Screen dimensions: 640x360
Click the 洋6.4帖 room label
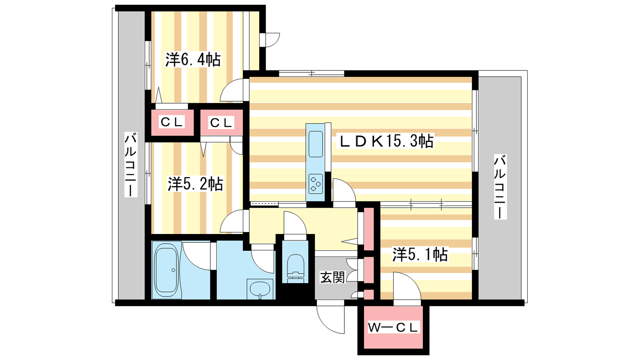click(x=193, y=60)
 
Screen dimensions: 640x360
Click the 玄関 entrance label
click(x=332, y=277)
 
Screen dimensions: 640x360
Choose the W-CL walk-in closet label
click(x=393, y=327)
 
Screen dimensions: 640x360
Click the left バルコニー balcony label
click(x=130, y=164)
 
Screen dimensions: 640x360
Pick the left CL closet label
click(x=172, y=122)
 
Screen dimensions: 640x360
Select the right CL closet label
click(x=221, y=123)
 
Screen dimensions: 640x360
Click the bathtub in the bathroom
click(x=167, y=270)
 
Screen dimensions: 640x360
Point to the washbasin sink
click(x=260, y=289)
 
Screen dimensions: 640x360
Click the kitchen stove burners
click(x=316, y=184)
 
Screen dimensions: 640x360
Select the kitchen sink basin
click(x=316, y=144)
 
